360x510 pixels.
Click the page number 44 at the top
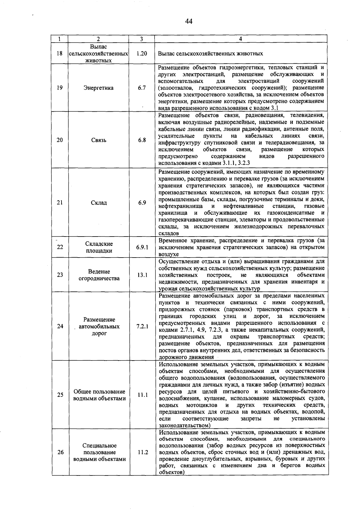point(189,21)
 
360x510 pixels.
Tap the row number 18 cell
point(60,53)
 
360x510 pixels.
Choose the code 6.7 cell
point(142,88)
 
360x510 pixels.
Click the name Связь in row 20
point(99,140)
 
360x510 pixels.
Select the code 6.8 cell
point(142,140)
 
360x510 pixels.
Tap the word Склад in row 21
point(99,203)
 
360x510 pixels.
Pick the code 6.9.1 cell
point(142,247)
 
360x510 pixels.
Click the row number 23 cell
point(60,275)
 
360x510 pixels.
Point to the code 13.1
point(142,275)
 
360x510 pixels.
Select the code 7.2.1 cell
point(142,326)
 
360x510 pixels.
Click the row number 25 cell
point(60,395)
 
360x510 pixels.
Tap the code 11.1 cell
point(142,395)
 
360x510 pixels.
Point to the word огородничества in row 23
point(99,279)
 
